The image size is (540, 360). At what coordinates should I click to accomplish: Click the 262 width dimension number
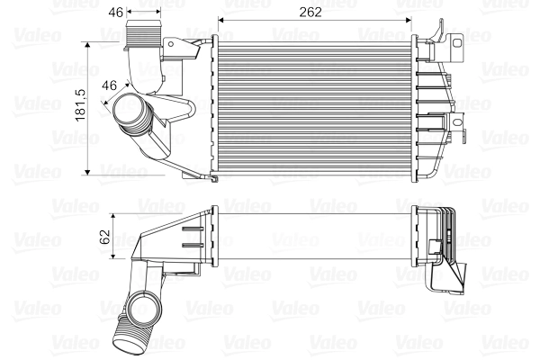310,13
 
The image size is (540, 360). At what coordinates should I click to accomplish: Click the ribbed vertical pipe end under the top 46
141,40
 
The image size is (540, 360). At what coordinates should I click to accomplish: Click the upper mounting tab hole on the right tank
456,40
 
